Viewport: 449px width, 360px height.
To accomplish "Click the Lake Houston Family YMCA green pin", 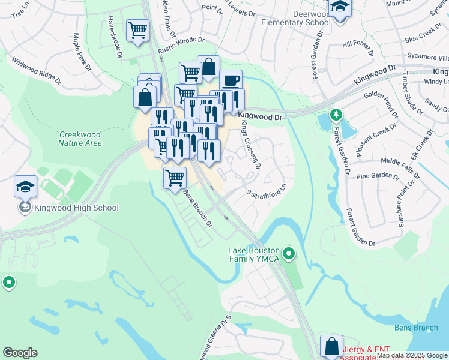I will (289, 254).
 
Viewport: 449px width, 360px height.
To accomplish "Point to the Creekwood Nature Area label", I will (80, 139).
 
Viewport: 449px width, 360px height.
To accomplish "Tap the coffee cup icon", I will (230, 81).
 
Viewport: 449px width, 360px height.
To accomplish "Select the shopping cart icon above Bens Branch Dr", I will (174, 178).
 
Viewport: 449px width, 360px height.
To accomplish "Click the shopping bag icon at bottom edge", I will (331, 346).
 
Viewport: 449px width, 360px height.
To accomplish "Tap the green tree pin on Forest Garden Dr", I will (336, 113).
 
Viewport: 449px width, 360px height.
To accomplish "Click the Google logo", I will (20, 353).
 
